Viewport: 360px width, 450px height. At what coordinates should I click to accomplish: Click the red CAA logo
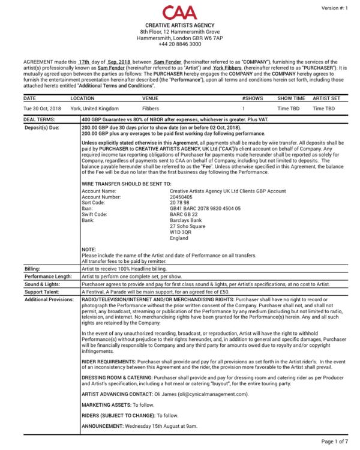pos(179,12)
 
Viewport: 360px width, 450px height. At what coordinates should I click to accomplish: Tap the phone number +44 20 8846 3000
pos(180,44)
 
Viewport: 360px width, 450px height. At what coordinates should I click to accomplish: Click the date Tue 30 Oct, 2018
pos(42,109)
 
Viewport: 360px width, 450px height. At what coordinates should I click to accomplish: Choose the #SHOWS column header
pos(252,97)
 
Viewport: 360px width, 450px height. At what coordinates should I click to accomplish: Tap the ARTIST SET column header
pos(326,97)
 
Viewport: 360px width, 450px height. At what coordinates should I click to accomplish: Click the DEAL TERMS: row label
pos(40,120)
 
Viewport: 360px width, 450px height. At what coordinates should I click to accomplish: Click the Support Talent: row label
pos(42,292)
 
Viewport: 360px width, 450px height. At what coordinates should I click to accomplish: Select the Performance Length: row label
pos(47,278)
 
